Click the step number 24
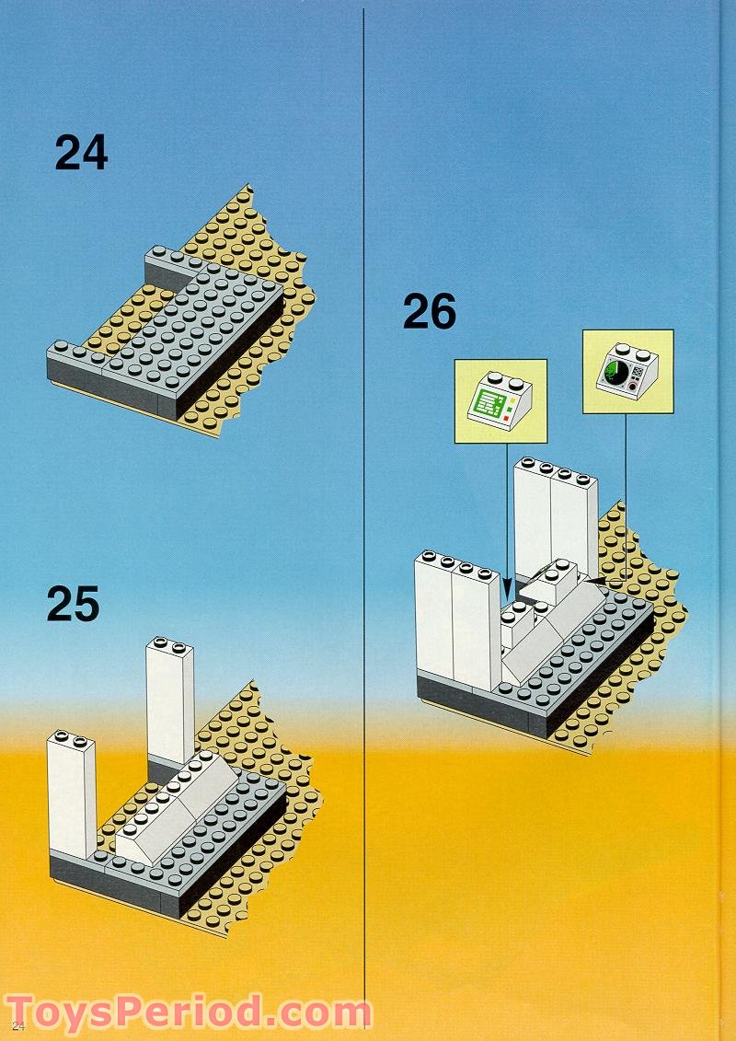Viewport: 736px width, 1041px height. click(x=81, y=153)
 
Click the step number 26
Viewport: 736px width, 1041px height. click(x=430, y=313)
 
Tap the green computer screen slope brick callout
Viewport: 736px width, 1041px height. click(x=500, y=403)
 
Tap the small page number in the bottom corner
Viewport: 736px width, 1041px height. click(x=17, y=1025)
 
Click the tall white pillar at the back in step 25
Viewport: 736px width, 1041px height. click(x=169, y=700)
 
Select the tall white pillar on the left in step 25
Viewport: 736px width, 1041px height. click(x=71, y=792)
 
